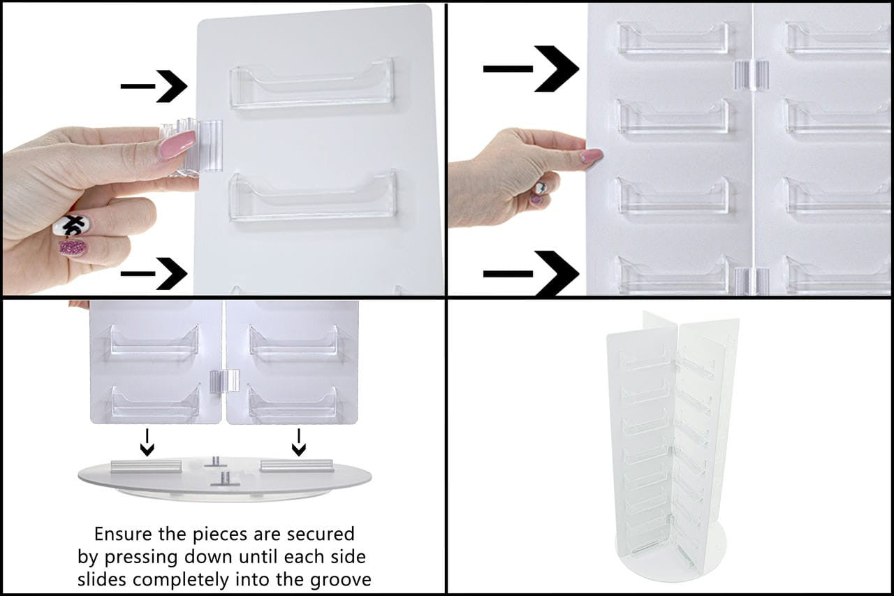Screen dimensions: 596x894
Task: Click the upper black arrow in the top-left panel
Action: [155, 86]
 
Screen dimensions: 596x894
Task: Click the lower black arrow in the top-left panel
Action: [155, 273]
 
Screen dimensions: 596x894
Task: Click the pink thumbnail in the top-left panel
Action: [177, 145]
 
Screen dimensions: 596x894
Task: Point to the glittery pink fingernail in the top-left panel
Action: [73, 247]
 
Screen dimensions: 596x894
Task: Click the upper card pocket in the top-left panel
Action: [312, 84]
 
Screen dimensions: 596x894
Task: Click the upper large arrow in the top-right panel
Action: [532, 68]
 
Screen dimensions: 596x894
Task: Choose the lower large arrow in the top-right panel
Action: [532, 273]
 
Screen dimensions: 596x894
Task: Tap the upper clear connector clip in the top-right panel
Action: [750, 75]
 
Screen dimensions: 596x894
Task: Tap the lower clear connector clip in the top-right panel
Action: [751, 279]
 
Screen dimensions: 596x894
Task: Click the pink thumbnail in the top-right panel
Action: [591, 156]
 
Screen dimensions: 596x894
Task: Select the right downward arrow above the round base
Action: [298, 442]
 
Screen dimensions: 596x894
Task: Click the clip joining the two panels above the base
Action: [224, 381]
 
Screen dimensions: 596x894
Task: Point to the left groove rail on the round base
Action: [146, 466]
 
